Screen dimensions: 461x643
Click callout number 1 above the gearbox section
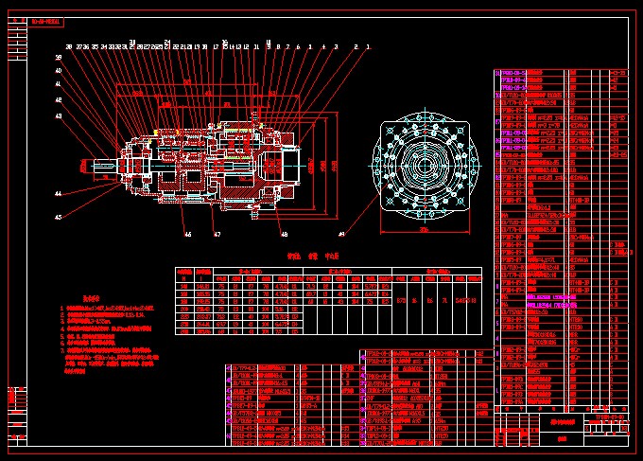point(368,45)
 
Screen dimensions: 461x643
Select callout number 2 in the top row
point(356,45)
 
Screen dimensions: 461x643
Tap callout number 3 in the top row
point(336,45)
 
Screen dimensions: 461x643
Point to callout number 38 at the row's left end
point(69,45)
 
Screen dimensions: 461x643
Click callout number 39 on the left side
point(58,58)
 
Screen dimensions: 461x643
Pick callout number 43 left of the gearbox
point(58,115)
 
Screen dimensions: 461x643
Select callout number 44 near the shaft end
point(58,193)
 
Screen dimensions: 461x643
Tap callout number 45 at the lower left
point(58,217)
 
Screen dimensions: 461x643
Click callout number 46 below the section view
point(187,233)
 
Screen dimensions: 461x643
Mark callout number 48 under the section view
point(284,233)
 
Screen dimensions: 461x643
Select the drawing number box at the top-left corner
point(46,19)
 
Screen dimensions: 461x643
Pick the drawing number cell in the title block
point(606,416)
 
